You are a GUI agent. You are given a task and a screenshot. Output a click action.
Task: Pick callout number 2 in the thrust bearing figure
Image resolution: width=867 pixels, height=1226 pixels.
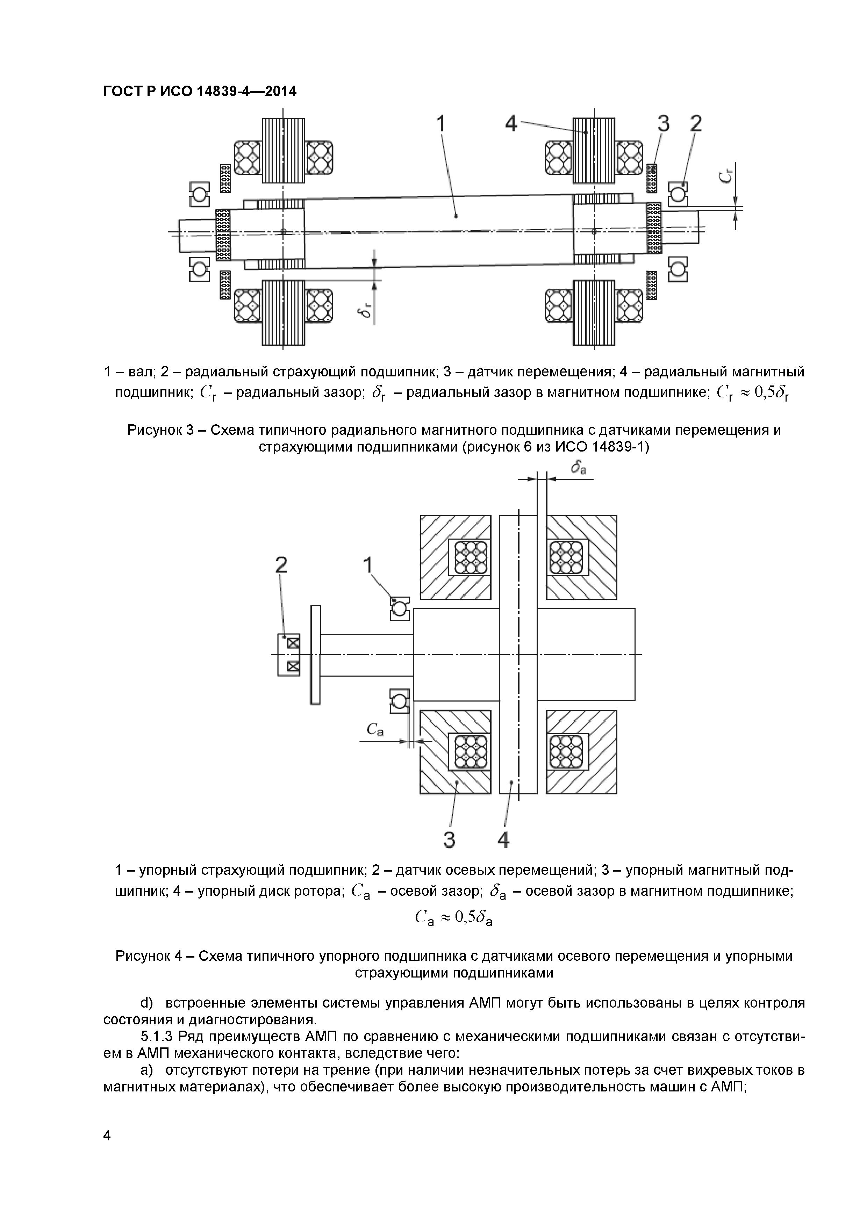[281, 564]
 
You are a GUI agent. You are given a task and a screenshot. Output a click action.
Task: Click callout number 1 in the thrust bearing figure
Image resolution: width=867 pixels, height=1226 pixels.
[368, 564]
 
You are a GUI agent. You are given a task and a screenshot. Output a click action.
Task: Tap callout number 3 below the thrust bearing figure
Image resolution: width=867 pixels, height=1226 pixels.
[449, 841]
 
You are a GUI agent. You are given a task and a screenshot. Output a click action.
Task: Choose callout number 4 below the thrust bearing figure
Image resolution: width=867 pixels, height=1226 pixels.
[503, 841]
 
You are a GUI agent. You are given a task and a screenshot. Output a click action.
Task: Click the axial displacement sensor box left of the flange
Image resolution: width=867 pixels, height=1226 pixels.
[288, 655]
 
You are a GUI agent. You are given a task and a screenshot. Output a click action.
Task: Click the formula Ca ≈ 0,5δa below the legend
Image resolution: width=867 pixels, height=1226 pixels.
[453, 917]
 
